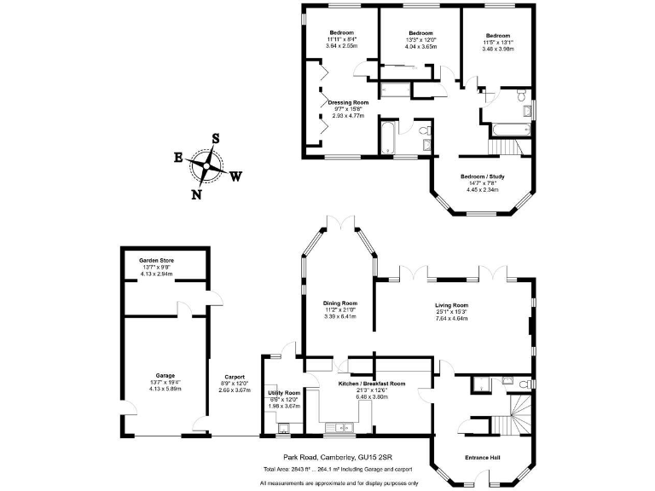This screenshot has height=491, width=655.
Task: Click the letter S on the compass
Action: tap(216, 138)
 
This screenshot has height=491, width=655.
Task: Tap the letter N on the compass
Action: tap(196, 194)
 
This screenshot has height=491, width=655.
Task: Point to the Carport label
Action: tap(235, 377)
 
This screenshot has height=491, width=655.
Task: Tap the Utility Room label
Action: tap(284, 393)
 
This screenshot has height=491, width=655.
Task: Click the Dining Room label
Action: tap(339, 303)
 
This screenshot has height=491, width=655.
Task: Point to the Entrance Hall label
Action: tap(482, 459)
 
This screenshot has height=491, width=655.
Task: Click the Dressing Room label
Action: tap(348, 102)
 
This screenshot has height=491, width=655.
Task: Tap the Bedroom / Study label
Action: tap(483, 176)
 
